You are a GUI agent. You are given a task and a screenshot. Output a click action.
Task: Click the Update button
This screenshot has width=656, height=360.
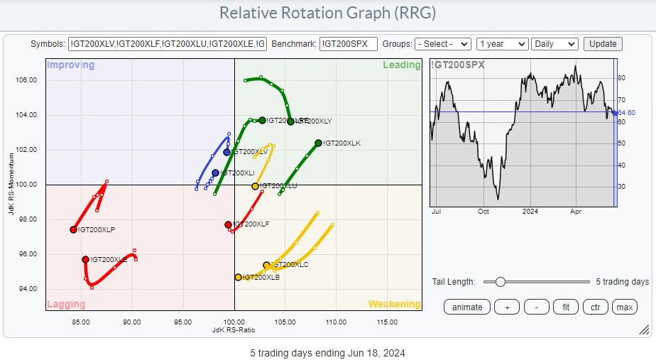pyautogui.click(x=603, y=44)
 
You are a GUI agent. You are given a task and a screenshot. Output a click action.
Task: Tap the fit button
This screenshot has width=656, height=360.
pyautogui.click(x=566, y=307)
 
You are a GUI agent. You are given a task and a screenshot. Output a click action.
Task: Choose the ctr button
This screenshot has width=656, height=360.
pyautogui.click(x=595, y=307)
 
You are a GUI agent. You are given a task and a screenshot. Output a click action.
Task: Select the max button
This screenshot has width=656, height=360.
pyautogui.click(x=624, y=307)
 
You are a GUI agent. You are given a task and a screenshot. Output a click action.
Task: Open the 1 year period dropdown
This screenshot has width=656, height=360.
pyautogui.click(x=502, y=44)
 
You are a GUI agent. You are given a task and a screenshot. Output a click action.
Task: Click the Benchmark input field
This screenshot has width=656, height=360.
pyautogui.click(x=348, y=44)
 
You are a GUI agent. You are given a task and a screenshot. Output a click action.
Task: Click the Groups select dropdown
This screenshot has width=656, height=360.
pyautogui.click(x=442, y=44)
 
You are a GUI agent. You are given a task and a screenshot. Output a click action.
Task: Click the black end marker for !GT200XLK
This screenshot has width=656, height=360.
pyautogui.click(x=318, y=143)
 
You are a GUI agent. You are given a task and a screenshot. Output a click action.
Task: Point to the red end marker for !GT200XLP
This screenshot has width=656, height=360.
pyautogui.click(x=73, y=229)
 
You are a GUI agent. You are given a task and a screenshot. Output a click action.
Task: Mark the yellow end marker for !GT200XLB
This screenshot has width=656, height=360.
pyautogui.click(x=238, y=278)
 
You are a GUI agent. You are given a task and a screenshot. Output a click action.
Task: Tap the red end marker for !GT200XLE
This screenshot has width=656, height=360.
pyautogui.click(x=85, y=260)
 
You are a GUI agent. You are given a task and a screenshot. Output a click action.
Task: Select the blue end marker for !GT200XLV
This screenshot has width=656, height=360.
pyautogui.click(x=226, y=152)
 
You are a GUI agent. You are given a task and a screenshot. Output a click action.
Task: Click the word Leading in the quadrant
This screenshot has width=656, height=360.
pyautogui.click(x=402, y=65)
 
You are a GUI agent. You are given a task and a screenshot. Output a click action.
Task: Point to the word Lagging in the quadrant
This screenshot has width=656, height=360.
pyautogui.click(x=65, y=305)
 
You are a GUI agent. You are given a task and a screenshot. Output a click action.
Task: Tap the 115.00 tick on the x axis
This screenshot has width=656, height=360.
pyautogui.click(x=387, y=322)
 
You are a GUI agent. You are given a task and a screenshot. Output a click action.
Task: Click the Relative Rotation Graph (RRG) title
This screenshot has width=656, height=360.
pyautogui.click(x=327, y=13)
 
